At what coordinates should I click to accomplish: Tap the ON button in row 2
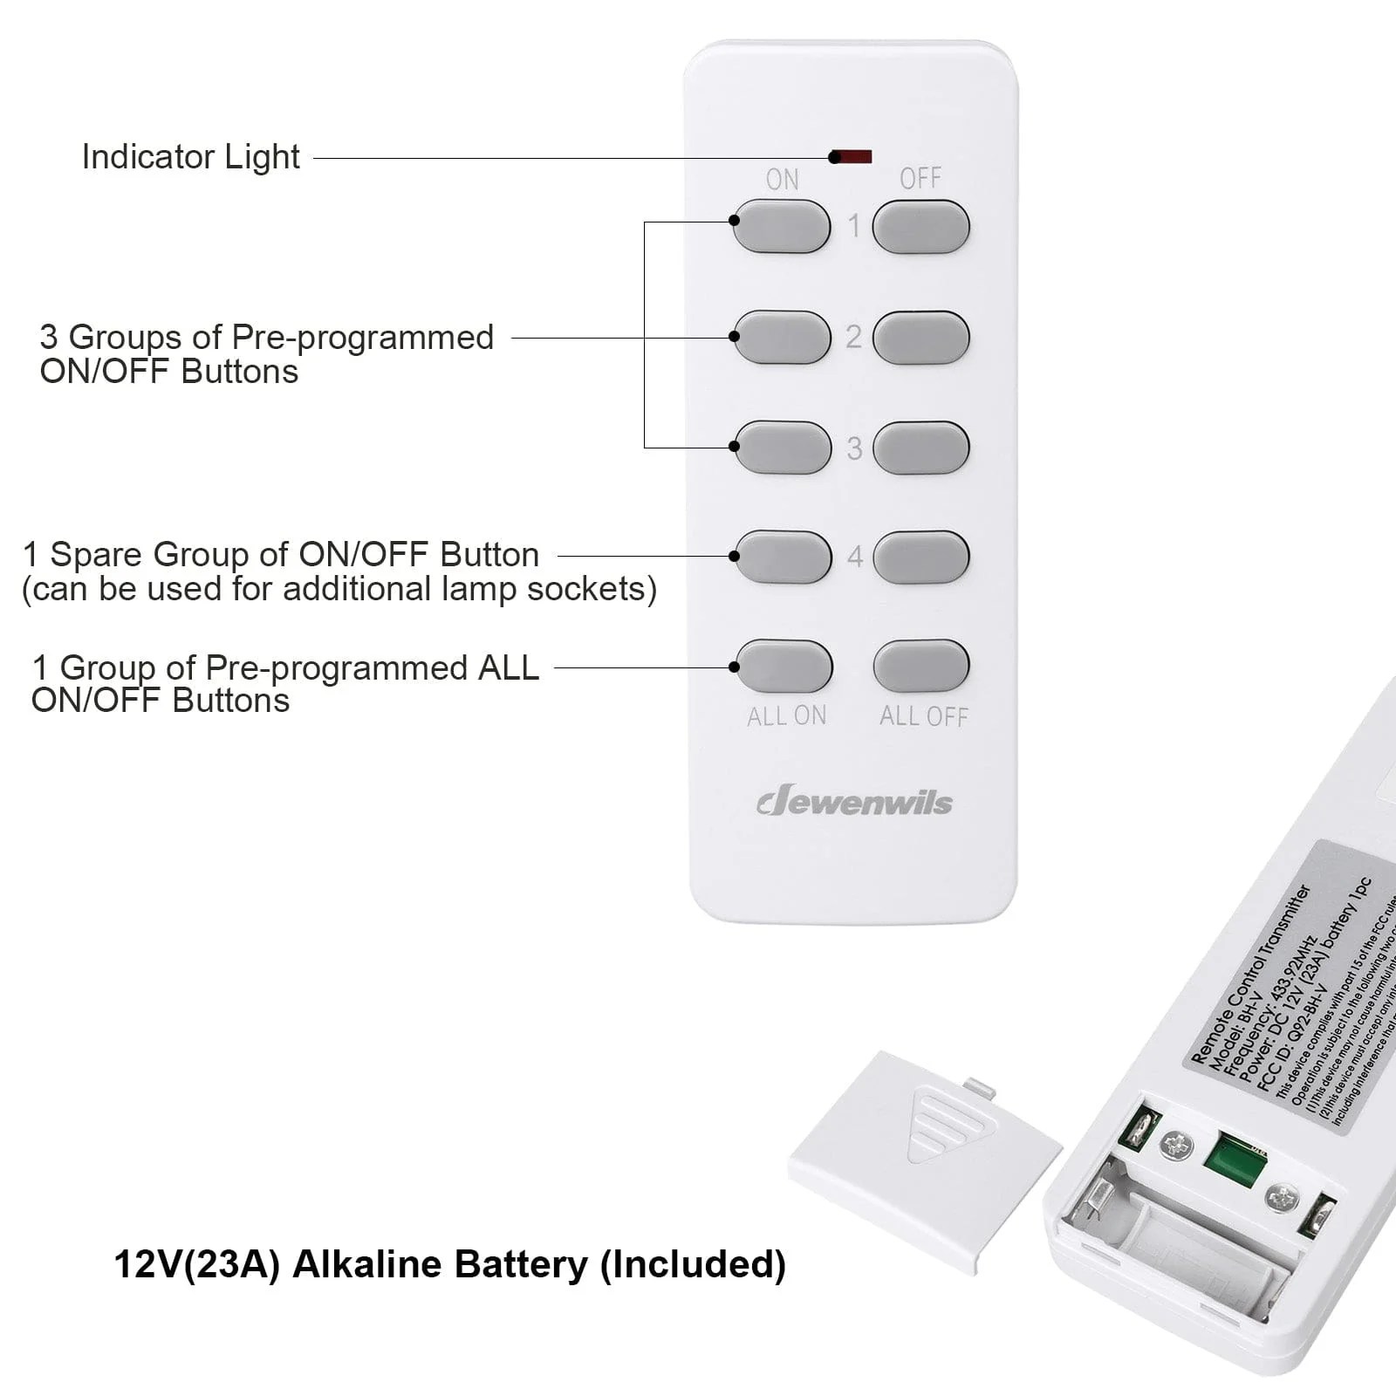coord(782,337)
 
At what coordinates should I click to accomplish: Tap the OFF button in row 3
coord(920,448)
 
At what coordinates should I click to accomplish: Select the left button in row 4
coord(783,557)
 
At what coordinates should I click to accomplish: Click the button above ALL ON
coord(784,666)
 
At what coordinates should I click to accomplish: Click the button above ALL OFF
coord(921,666)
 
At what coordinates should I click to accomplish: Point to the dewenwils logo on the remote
coord(854,801)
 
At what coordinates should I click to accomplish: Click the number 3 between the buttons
coord(854,448)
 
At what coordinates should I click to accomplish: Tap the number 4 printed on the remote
coord(855,557)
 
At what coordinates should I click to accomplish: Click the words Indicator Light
coord(190,157)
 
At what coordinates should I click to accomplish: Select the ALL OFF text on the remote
coord(923,716)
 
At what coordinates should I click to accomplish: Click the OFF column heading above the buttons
coord(920,179)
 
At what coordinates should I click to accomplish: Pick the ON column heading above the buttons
coord(782,180)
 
